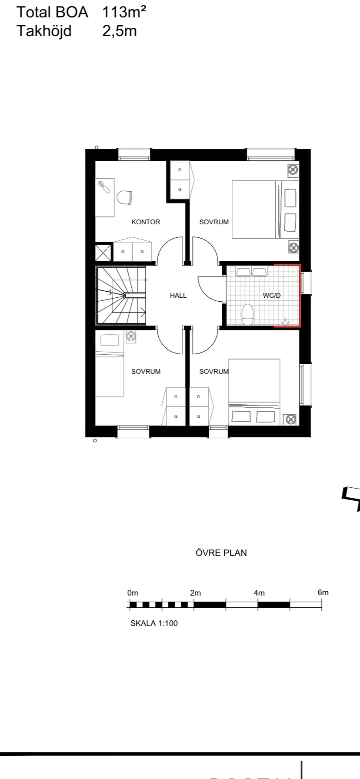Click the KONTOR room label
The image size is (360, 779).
click(146, 222)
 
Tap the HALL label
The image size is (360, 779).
click(178, 296)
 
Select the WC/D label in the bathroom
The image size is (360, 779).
click(272, 296)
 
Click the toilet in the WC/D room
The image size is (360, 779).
click(247, 314)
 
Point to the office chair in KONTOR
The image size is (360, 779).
click(124, 197)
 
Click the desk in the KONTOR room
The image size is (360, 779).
click(105, 197)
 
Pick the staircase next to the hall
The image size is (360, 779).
click(121, 296)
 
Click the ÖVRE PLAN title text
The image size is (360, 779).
click(221, 553)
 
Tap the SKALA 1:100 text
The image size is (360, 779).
click(154, 623)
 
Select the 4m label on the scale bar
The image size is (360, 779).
click(259, 593)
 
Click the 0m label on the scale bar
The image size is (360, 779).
click(133, 593)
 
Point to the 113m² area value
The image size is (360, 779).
click(124, 13)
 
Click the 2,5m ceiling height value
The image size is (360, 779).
click(120, 31)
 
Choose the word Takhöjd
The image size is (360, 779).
click(44, 31)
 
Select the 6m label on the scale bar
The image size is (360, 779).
click(323, 593)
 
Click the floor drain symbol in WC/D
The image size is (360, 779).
click(285, 322)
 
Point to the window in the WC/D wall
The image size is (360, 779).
click(307, 282)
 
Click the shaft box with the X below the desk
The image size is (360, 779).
click(104, 252)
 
